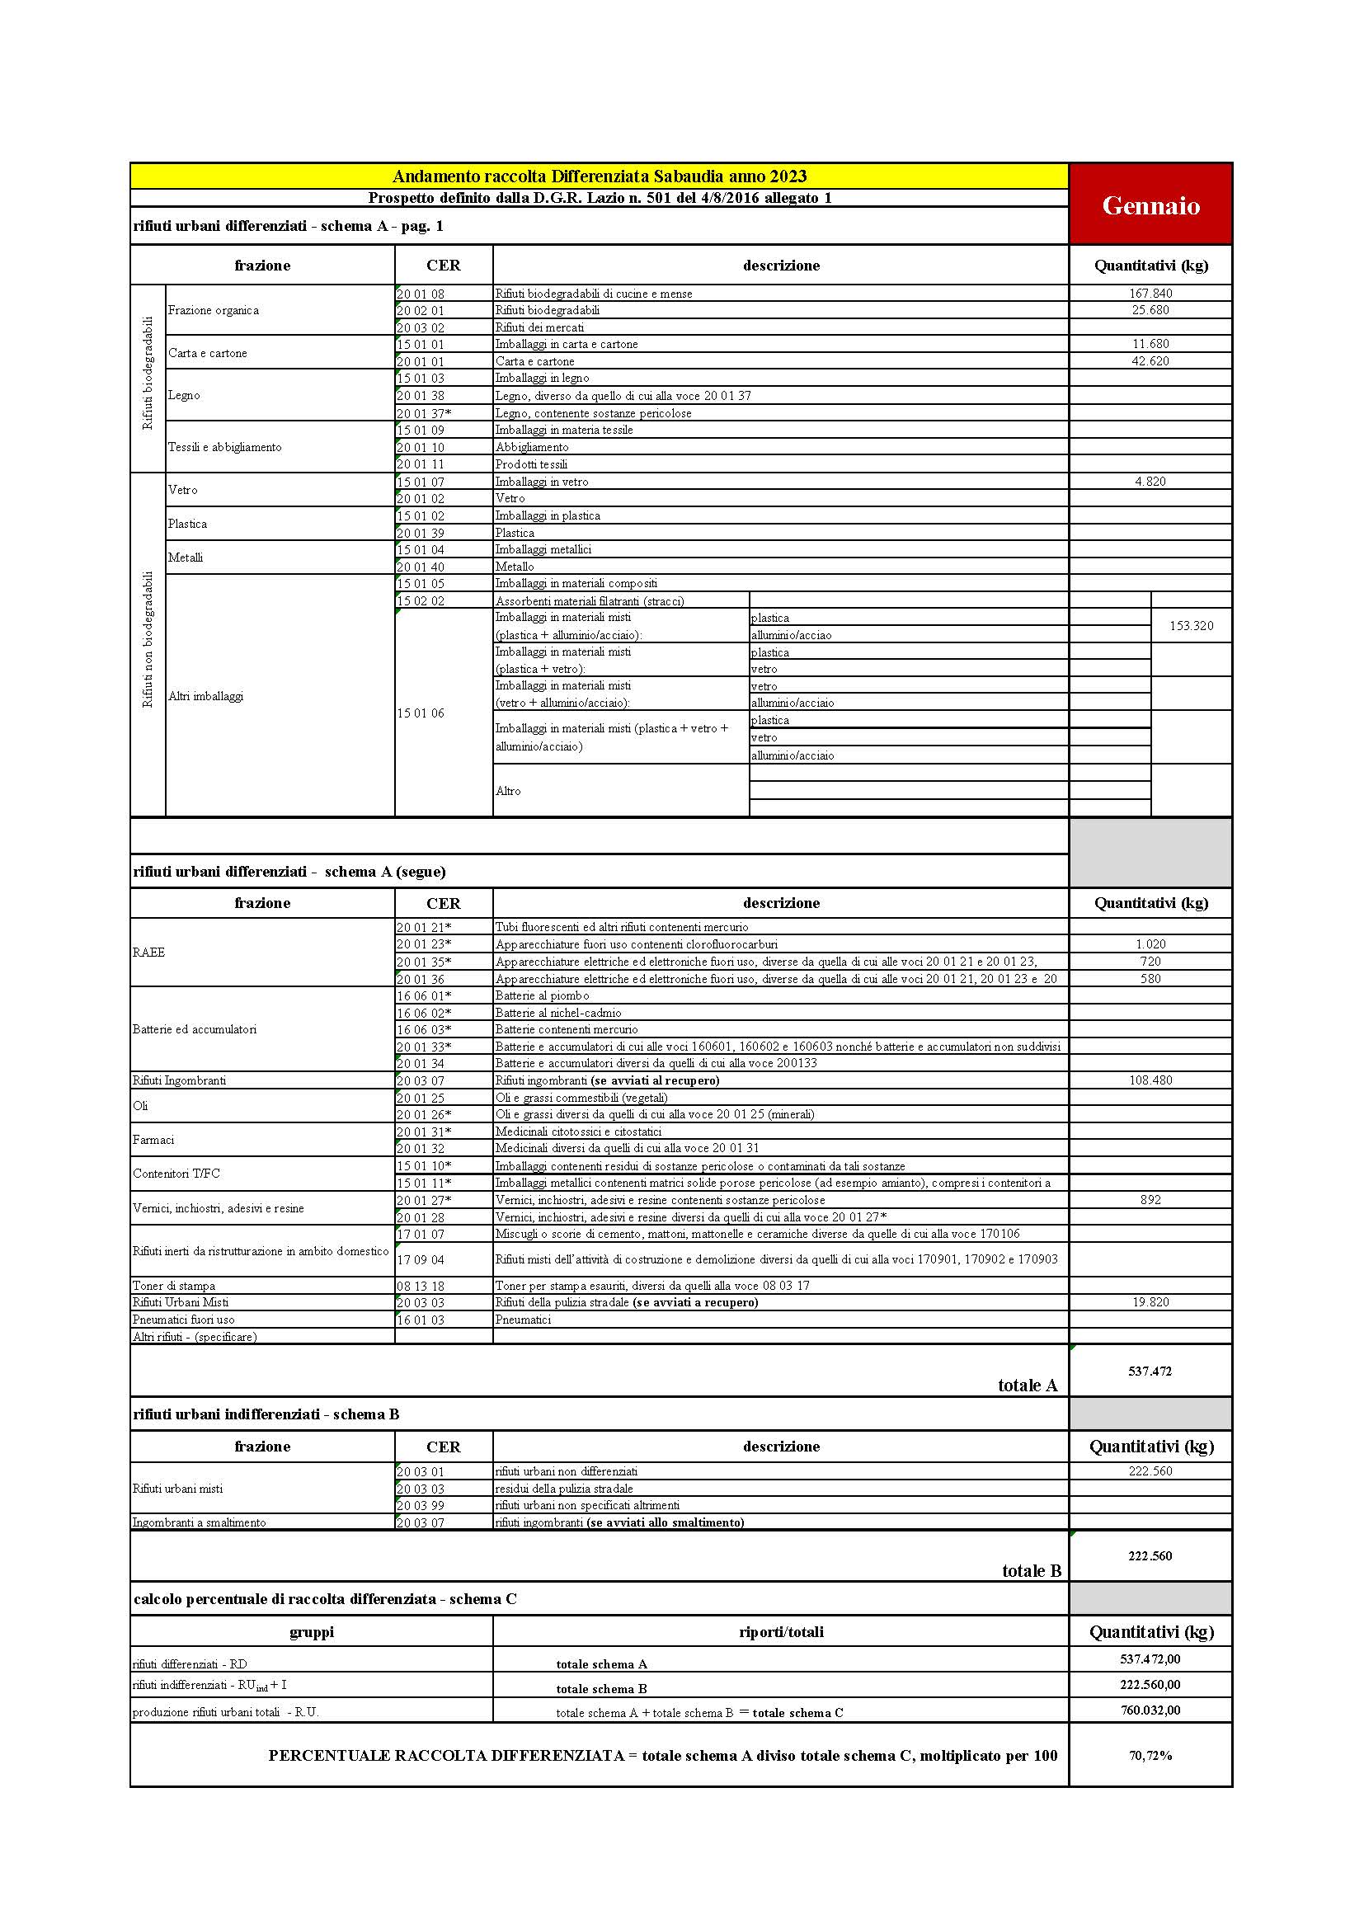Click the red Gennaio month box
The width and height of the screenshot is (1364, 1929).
tap(1150, 205)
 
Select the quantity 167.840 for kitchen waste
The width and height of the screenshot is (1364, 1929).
tap(1150, 294)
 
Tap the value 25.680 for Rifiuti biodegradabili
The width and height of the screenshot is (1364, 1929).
tap(1150, 310)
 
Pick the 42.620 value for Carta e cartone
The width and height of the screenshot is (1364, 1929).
tap(1150, 361)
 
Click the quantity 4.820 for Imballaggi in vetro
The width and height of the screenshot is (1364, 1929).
tap(1150, 482)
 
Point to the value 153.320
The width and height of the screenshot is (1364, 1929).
tap(1191, 626)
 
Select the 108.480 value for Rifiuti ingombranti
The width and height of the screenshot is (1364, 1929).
tap(1150, 1080)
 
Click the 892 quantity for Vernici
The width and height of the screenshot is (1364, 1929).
tap(1150, 1200)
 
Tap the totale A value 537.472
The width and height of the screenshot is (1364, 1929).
tap(1150, 1372)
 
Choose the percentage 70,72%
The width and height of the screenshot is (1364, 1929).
tap(1150, 1756)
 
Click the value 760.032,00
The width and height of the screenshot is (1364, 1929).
tap(1150, 1710)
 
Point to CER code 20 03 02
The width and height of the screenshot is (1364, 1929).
tap(421, 327)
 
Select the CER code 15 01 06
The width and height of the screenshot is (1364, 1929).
tap(421, 713)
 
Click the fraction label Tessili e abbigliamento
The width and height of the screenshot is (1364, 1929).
tap(224, 447)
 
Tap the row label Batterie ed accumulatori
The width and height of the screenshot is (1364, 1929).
tap(194, 1029)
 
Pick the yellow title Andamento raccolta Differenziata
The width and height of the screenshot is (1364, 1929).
tap(599, 176)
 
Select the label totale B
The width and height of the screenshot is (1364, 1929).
tap(1032, 1571)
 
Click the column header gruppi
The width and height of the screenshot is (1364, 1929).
tap(312, 1632)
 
